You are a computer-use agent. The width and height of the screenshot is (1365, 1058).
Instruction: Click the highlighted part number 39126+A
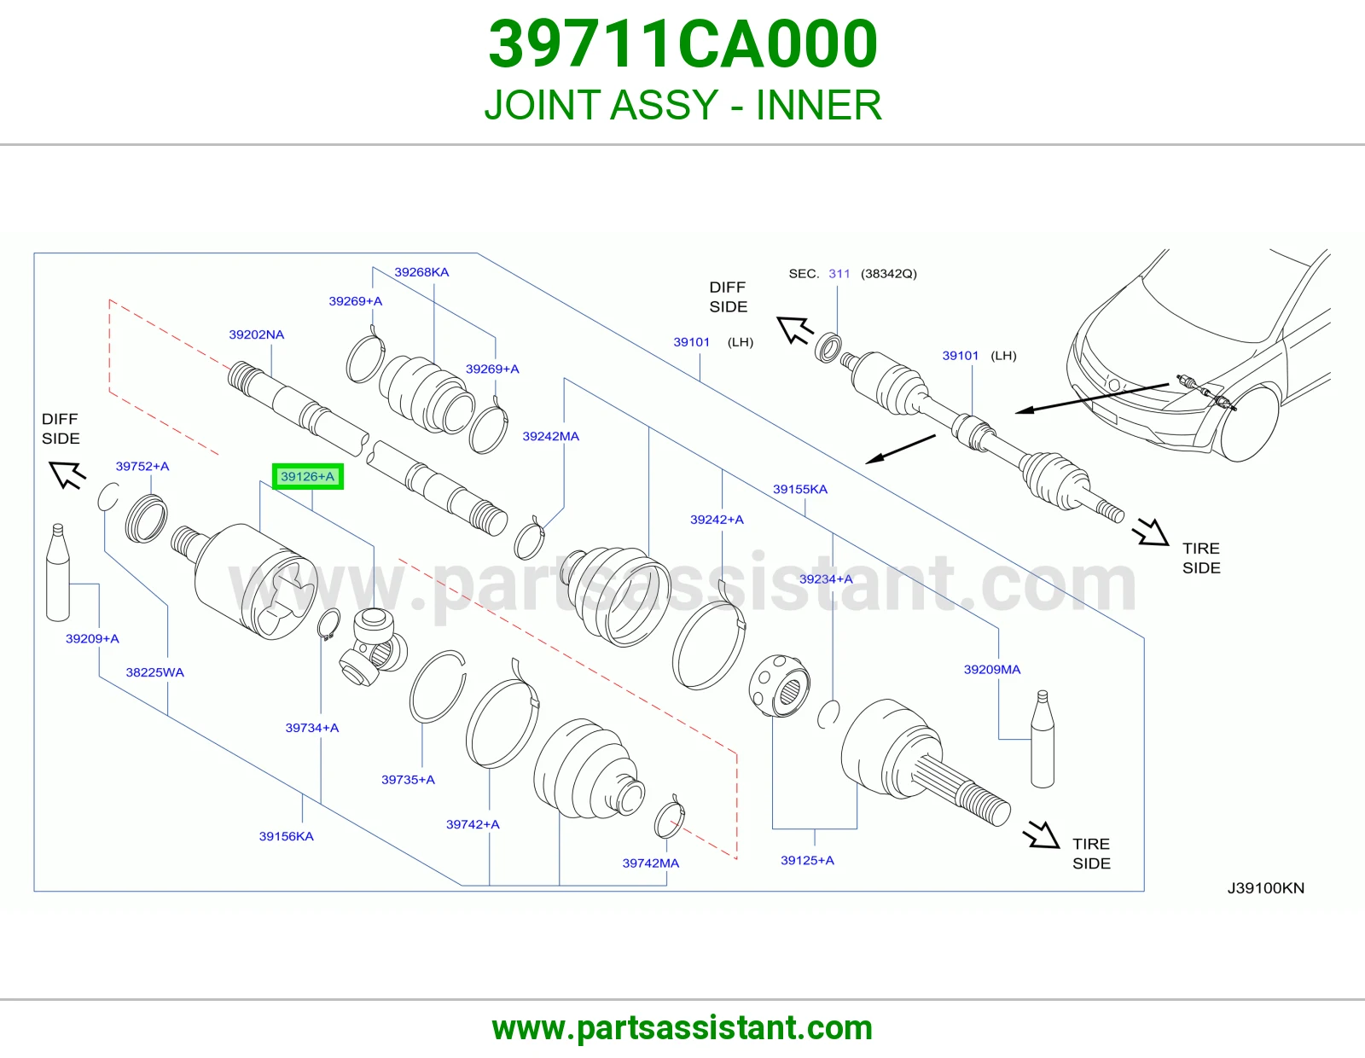pyautogui.click(x=308, y=476)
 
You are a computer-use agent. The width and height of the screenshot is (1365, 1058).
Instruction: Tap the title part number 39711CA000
pyautogui.click(x=682, y=44)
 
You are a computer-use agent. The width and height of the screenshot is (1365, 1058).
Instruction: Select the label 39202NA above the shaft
pyautogui.click(x=256, y=334)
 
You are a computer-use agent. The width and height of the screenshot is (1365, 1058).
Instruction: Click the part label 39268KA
pyautogui.click(x=421, y=272)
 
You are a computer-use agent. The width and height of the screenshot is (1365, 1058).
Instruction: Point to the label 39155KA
pyautogui.click(x=799, y=489)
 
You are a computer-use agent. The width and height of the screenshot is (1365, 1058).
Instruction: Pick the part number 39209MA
pyautogui.click(x=992, y=669)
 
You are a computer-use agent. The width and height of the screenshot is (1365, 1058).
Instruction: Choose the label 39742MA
pyautogui.click(x=651, y=863)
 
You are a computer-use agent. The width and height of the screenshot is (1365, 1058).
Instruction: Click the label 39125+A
pyautogui.click(x=807, y=860)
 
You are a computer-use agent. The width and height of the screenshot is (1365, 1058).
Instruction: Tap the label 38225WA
pyautogui.click(x=154, y=672)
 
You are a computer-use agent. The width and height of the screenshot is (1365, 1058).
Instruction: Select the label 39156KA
pyautogui.click(x=286, y=836)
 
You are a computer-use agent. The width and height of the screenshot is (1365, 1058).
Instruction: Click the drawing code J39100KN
pyautogui.click(x=1266, y=887)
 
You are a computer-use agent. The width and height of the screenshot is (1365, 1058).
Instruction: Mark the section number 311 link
pyautogui.click(x=839, y=273)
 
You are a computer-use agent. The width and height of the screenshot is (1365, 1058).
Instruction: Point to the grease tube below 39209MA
pyautogui.click(x=1043, y=739)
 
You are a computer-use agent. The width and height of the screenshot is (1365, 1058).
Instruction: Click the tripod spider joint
pyautogui.click(x=373, y=649)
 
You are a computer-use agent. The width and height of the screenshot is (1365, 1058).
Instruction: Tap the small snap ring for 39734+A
pyautogui.click(x=328, y=625)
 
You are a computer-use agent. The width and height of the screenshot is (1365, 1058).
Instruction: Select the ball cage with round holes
pyautogui.click(x=780, y=685)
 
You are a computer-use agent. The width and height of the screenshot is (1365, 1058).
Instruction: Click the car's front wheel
pyautogui.click(x=1249, y=423)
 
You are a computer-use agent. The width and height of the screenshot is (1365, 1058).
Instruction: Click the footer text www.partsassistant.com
pyautogui.click(x=682, y=1028)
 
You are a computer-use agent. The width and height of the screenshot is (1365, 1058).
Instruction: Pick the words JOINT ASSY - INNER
pyautogui.click(x=682, y=104)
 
